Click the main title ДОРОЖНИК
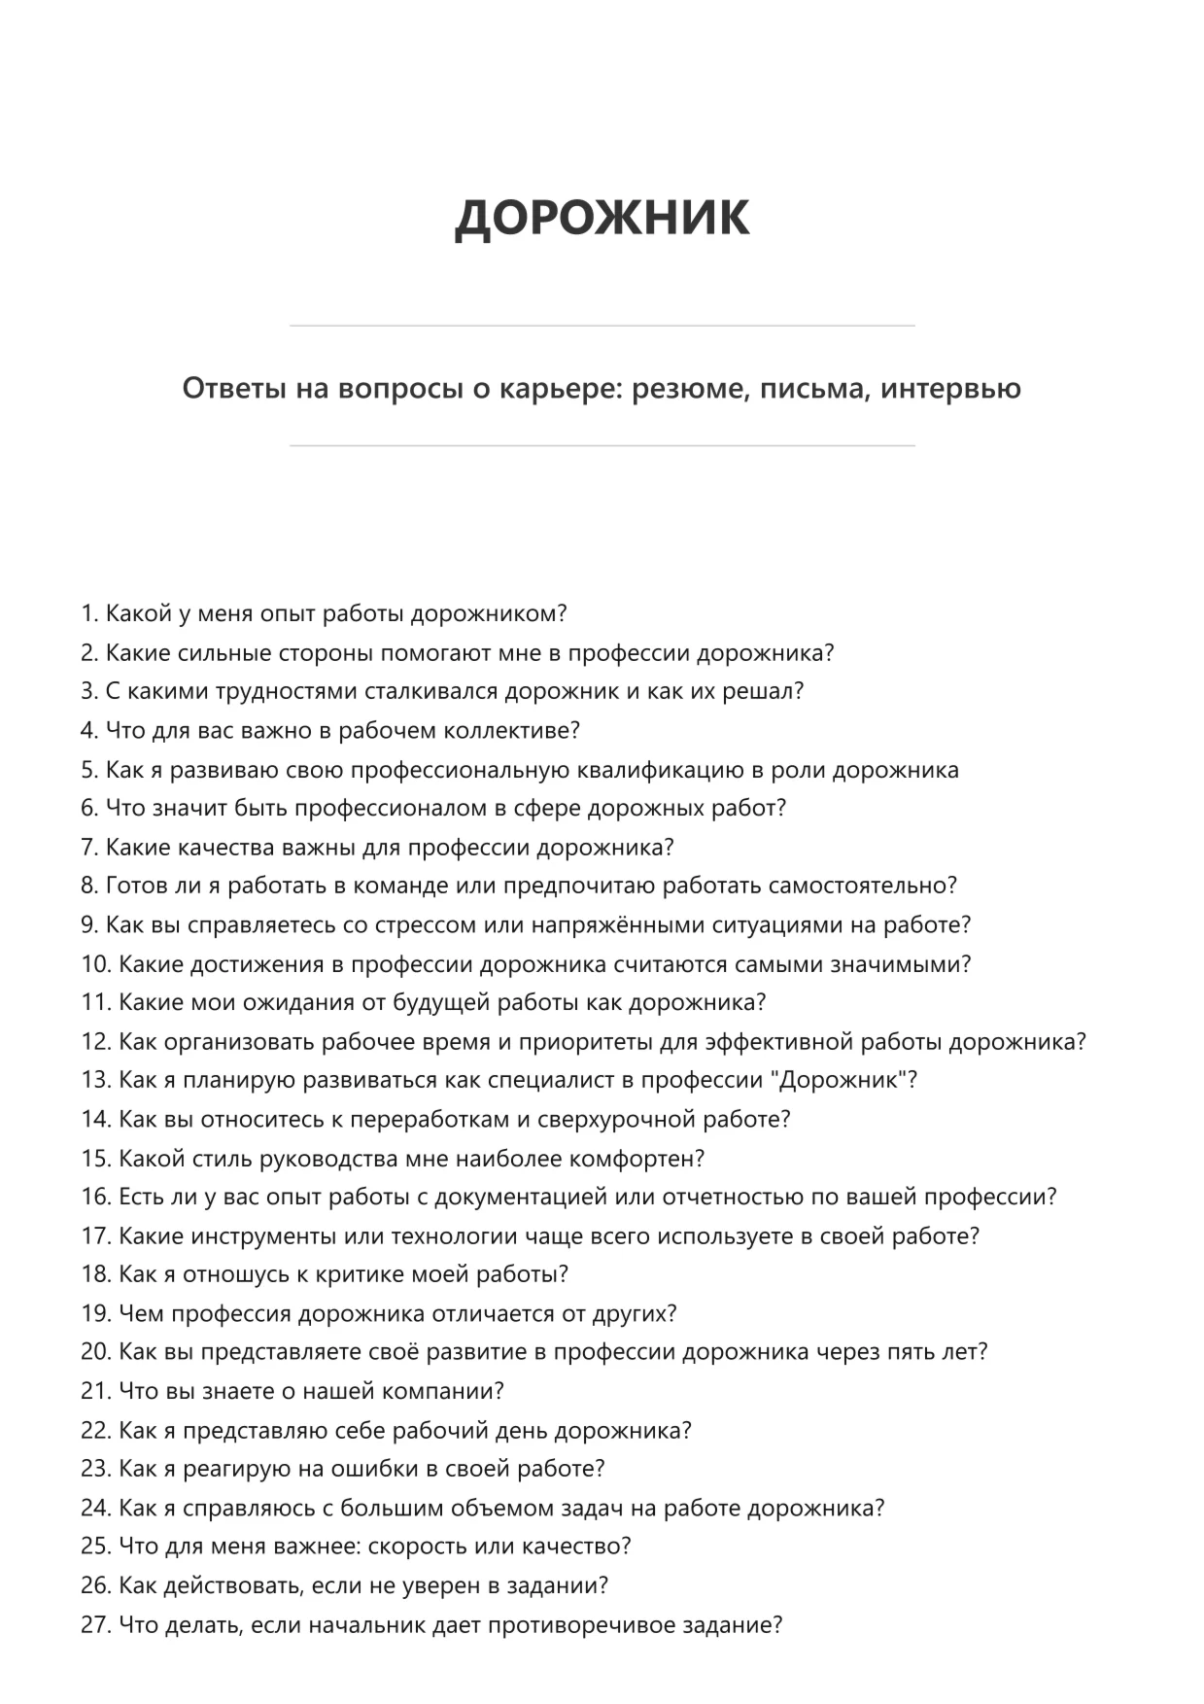[x=602, y=216]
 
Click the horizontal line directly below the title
[x=602, y=326]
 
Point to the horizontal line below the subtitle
[x=602, y=446]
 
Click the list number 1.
[x=88, y=614]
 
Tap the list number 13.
[x=95, y=1081]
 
